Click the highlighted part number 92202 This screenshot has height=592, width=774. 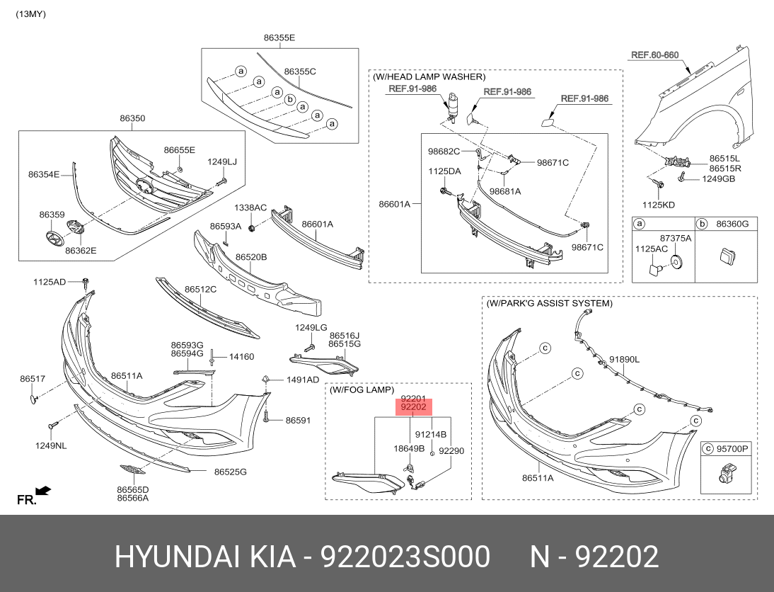click(413, 407)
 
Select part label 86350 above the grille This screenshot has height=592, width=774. click(132, 119)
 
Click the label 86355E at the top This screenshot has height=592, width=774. click(279, 37)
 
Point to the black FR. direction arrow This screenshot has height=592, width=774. click(43, 489)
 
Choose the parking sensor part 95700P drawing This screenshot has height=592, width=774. click(724, 476)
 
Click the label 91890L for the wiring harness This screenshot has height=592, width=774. click(625, 359)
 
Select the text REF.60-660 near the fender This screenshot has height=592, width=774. click(654, 55)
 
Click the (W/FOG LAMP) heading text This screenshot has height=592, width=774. click(362, 390)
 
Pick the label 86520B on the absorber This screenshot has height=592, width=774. click(251, 257)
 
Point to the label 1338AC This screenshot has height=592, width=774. click(250, 207)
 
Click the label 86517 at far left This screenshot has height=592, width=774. click(33, 380)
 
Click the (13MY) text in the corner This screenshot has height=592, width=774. click(30, 14)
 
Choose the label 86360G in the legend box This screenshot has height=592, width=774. click(732, 224)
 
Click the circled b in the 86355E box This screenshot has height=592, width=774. click(289, 100)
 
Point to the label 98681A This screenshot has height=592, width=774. click(505, 191)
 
